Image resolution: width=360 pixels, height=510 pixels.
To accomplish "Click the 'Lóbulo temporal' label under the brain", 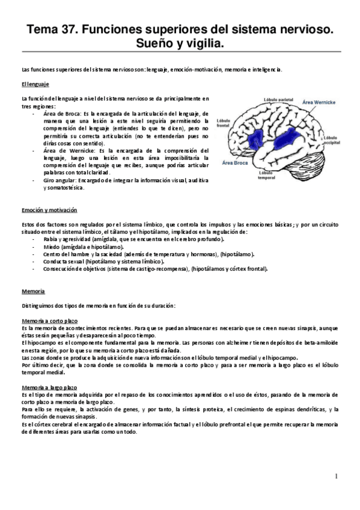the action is click(x=266, y=175).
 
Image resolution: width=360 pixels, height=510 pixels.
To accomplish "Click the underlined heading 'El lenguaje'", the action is click(x=35, y=84).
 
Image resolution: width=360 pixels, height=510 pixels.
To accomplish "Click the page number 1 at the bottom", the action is click(x=337, y=476).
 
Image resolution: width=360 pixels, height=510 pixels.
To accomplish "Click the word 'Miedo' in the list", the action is click(x=52, y=247).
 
